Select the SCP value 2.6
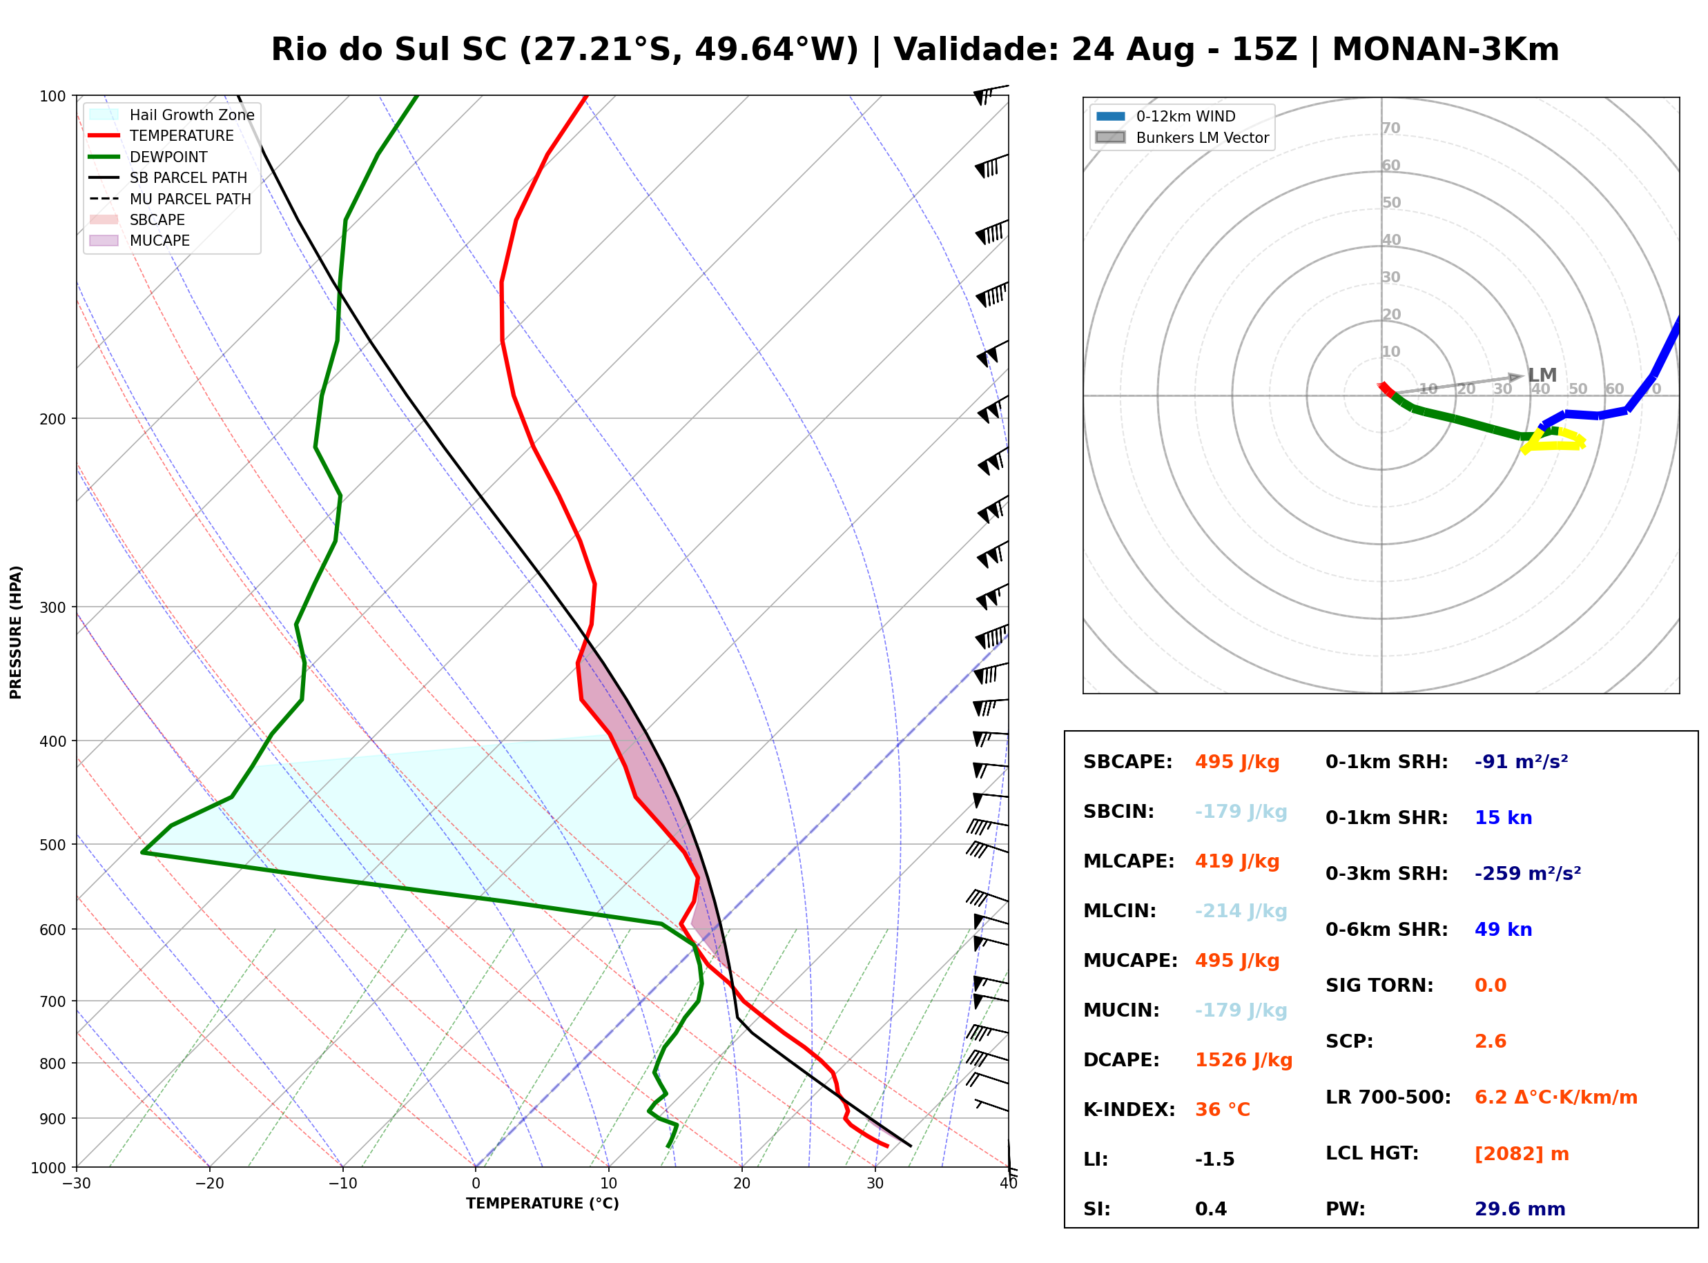(x=1490, y=1041)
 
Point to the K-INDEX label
(x=1129, y=1110)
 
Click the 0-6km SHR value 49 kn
(x=1503, y=930)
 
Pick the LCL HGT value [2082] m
(x=1522, y=1154)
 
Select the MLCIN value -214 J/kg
(x=1241, y=911)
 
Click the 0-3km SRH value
(x=1528, y=873)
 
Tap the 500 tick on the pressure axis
(x=54, y=845)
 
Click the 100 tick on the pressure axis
(x=54, y=97)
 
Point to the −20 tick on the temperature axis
(x=208, y=1184)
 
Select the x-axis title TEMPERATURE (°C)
(x=543, y=1204)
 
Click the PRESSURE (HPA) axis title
(x=16, y=632)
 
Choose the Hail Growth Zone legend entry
(x=172, y=115)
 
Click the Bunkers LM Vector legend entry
(x=1182, y=137)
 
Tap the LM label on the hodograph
(x=1542, y=375)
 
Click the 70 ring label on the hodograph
(x=1390, y=128)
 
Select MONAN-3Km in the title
(x=1445, y=50)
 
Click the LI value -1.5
(x=1215, y=1159)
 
